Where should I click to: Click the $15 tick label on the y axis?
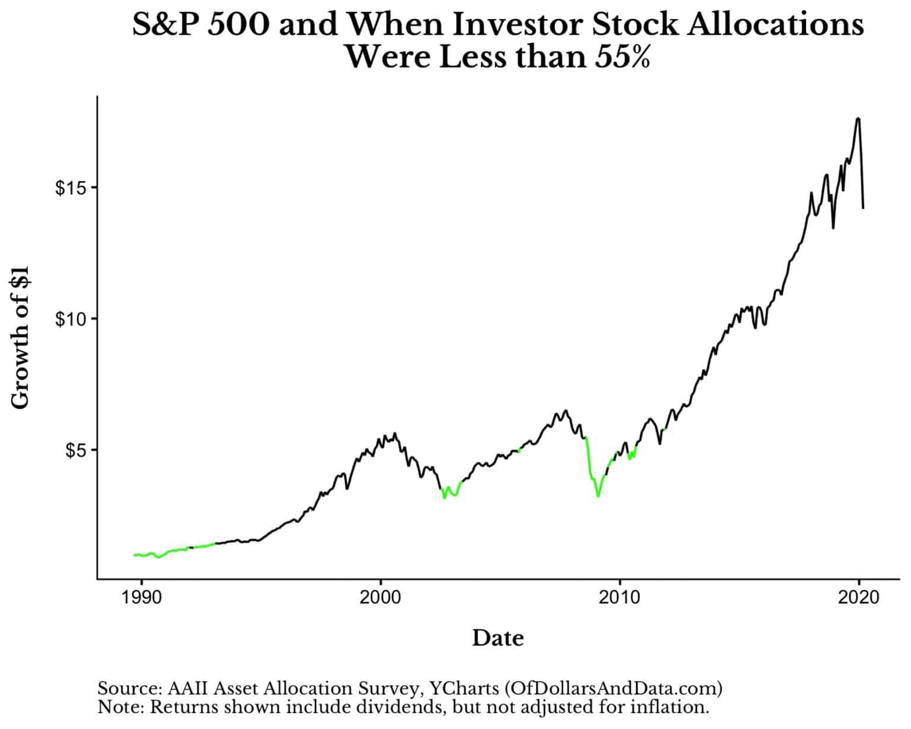[70, 187]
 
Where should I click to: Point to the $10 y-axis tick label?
[70, 319]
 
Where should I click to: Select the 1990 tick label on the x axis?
[141, 597]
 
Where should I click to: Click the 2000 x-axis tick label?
[380, 597]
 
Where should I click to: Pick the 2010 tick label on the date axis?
[620, 597]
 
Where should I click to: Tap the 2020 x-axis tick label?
[859, 597]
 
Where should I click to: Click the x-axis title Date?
[498, 638]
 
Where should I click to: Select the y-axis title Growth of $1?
[20, 338]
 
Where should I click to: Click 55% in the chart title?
[623, 58]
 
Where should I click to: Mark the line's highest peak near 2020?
[858, 119]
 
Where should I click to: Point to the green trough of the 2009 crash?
[598, 495]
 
